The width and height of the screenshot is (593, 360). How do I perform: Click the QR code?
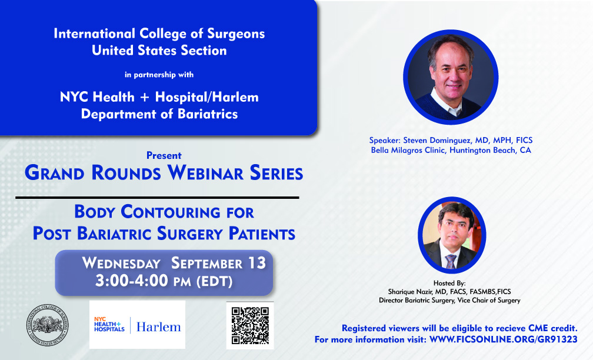pos(250,325)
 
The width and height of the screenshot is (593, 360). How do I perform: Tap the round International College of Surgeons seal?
pos(48,325)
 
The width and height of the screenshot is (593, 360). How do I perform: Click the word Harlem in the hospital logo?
pos(158,326)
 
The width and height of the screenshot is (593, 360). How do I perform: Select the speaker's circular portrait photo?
pos(451,77)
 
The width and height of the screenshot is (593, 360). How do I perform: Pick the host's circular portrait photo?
pos(452,235)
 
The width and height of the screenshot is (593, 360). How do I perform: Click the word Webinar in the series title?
pos(205,173)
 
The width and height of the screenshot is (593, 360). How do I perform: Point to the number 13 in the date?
pos(257,263)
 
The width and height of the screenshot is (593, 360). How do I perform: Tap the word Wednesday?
pos(121,263)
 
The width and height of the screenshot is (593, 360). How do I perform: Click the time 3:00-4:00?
pos(132,281)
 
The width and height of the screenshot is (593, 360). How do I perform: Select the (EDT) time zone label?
pos(214,282)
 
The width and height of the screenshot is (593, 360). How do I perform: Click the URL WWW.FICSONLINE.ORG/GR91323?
pos(504,339)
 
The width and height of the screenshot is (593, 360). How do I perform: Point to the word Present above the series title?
pos(164,155)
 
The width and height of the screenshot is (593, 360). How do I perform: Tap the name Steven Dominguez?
pos(437,140)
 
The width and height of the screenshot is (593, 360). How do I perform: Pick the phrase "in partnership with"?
pos(159,75)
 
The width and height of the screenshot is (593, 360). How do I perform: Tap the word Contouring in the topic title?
pos(170,212)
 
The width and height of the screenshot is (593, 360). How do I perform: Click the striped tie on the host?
pos(451,261)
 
